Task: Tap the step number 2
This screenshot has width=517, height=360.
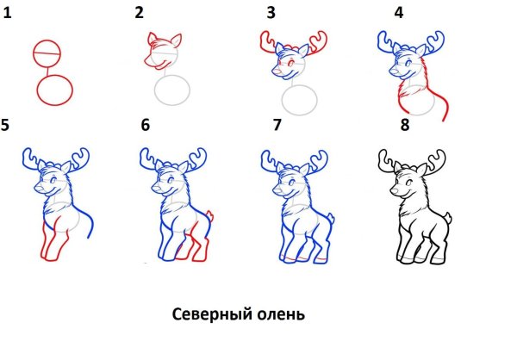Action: pos(140,12)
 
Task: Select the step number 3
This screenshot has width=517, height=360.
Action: pos(271,12)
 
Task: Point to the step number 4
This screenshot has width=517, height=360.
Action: pos(398,12)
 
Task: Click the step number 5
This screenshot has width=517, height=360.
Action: pos(6,126)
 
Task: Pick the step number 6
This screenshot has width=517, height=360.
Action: pos(145,126)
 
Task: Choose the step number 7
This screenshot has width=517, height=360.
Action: pos(277,126)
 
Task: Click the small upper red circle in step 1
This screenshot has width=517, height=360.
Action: pos(47,54)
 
